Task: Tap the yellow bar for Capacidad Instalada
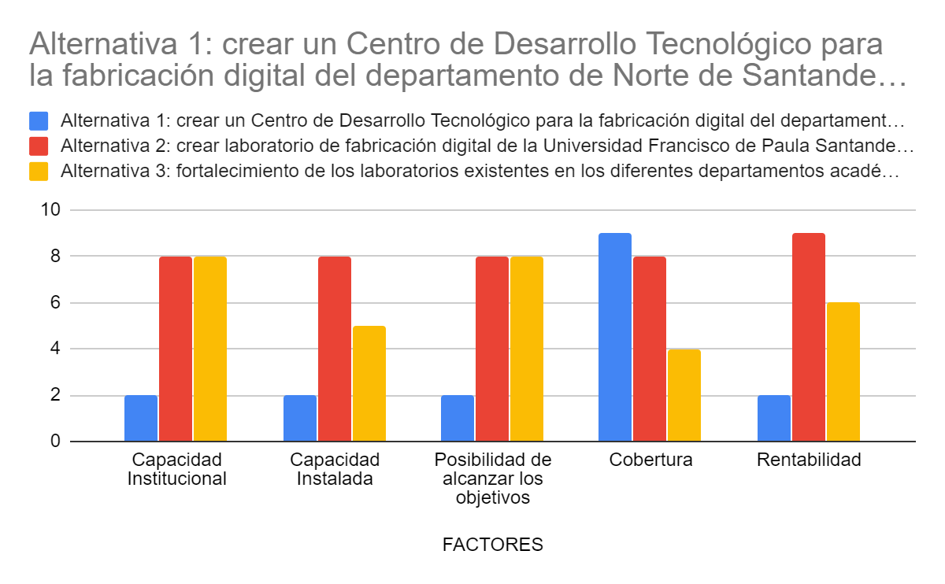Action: pos(369,383)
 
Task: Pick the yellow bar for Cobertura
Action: pos(684,395)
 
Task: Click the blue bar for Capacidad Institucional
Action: pos(141,418)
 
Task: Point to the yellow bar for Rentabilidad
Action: pos(843,371)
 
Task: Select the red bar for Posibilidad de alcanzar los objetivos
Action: pos(492,349)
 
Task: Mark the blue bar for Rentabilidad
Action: pos(774,418)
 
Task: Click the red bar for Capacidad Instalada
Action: pos(335,349)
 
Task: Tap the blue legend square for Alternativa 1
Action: pos(39,121)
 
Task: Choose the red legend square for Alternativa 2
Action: pos(39,146)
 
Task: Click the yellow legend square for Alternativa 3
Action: pos(39,172)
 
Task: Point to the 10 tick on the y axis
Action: pos(52,210)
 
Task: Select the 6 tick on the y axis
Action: pos(56,303)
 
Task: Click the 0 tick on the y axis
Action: pos(56,442)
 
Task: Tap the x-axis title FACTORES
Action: pos(493,545)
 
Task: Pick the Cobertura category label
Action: pos(650,460)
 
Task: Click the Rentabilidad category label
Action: pos(809,460)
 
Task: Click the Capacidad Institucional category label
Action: pos(177,469)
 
